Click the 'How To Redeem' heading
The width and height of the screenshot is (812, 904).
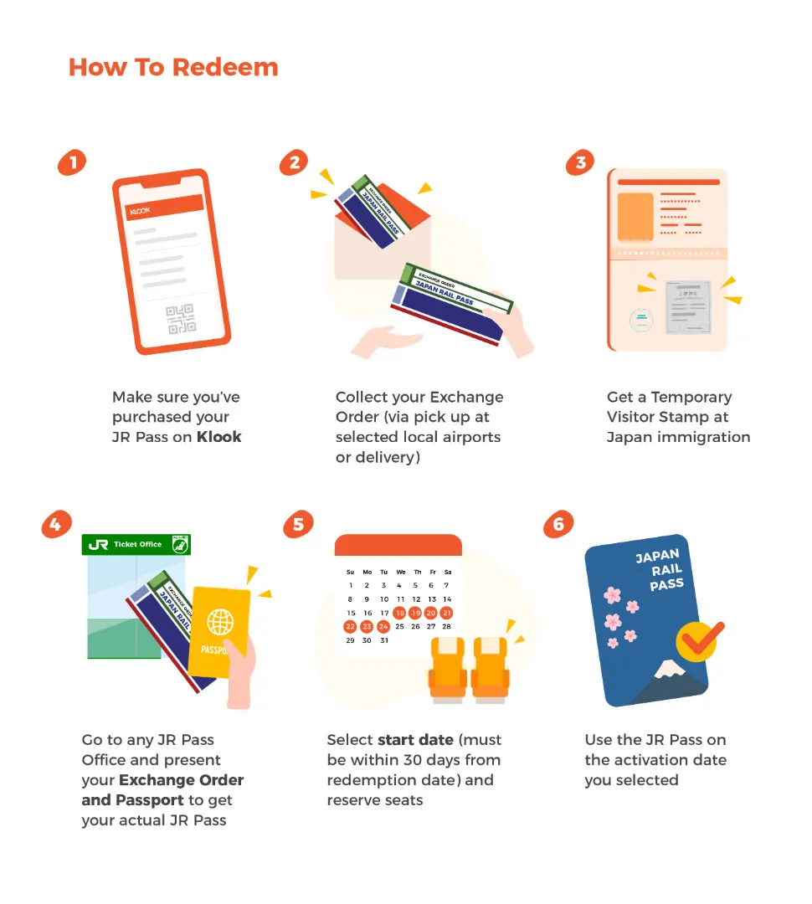(173, 68)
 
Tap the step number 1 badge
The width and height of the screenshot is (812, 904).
(72, 162)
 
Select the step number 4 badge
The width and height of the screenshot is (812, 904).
(56, 524)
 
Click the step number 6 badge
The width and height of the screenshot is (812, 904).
(558, 524)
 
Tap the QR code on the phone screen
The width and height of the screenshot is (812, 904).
(181, 319)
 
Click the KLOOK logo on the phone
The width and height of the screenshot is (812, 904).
(140, 211)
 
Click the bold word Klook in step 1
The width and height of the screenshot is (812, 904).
(219, 437)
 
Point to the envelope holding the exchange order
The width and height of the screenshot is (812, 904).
(383, 242)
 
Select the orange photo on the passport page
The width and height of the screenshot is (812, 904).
(635, 217)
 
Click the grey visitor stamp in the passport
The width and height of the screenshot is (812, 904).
(689, 307)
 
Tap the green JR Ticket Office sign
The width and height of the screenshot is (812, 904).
(136, 544)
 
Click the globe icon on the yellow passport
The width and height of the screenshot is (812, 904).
(220, 622)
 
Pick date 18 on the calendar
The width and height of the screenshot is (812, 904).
(399, 613)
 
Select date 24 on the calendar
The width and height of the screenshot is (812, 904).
(383, 627)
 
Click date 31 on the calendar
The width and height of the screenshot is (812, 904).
(384, 640)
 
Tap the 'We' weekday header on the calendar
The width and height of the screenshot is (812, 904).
(401, 573)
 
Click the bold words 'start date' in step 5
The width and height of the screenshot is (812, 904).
(415, 740)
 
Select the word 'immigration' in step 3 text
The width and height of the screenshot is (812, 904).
(703, 438)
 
